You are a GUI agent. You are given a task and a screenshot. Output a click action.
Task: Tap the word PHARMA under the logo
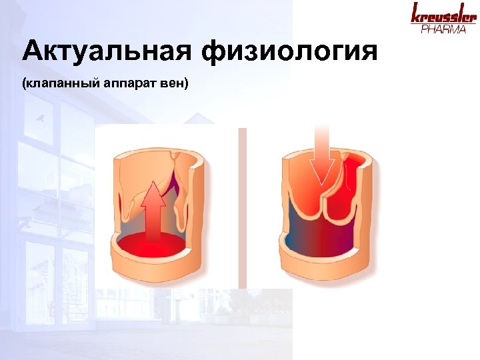coord(443,29)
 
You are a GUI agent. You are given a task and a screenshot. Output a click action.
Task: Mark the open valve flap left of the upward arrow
coord(133,200)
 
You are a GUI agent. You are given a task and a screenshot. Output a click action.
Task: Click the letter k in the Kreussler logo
coord(416,13)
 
